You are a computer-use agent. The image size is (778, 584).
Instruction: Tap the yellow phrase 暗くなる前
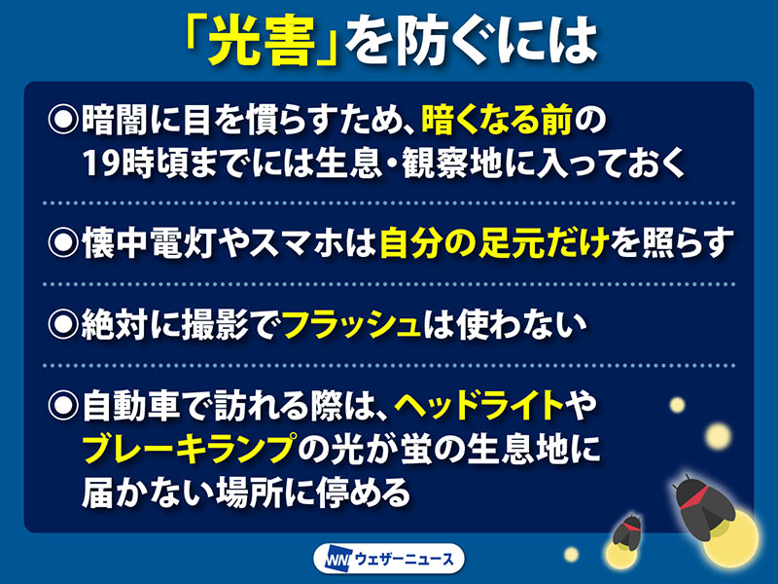pos(497,120)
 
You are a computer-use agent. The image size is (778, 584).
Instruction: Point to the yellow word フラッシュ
pos(352,325)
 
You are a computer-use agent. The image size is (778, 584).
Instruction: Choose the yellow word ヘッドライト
pos(479,405)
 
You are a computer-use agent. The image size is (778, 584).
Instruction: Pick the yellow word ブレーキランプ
pos(190,448)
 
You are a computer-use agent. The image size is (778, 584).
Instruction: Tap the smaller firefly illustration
pos(626,532)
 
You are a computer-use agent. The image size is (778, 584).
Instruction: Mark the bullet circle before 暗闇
pos(63,119)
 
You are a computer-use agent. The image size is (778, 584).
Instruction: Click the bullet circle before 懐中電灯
pos(63,242)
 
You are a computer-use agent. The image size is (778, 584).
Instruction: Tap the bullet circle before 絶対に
pos(63,325)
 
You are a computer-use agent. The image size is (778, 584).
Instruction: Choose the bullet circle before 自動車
pos(63,405)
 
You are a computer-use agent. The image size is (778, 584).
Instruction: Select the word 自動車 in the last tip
pos(131,405)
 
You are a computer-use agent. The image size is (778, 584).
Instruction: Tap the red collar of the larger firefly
pos(693,497)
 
